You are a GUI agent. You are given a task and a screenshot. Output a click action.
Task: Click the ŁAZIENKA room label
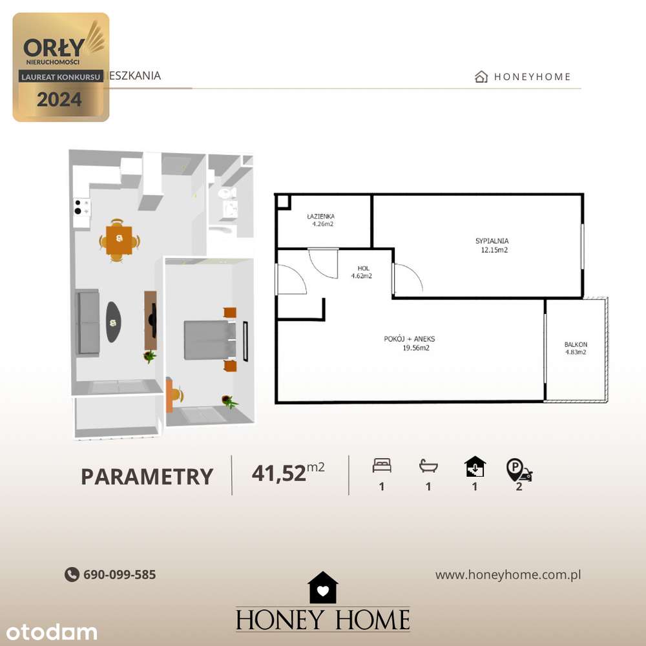coord(321,216)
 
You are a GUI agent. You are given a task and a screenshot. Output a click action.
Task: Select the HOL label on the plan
coord(363,268)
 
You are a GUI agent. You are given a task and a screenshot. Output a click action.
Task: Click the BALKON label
coord(576,344)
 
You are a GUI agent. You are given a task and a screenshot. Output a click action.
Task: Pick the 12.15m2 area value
coord(494,250)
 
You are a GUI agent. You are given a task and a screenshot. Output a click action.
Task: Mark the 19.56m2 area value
coord(415,348)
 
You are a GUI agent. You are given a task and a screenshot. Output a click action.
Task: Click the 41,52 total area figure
coord(278,474)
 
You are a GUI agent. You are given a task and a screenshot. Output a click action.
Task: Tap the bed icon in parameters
coord(382,465)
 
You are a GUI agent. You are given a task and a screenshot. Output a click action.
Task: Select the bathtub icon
coord(428,465)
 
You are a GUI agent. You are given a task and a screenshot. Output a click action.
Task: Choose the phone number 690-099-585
coord(120,574)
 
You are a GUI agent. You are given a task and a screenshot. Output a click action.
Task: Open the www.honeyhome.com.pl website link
coord(508,574)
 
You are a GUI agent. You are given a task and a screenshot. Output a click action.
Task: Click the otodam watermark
coord(49,632)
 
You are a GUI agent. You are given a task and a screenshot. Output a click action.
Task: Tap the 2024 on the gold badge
coord(59,99)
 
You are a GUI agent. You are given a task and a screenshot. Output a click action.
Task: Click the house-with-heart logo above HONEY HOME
coord(323,588)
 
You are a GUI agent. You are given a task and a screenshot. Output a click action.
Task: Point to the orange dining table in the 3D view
coord(119,240)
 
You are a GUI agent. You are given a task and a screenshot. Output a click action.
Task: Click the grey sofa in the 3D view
coord(88,322)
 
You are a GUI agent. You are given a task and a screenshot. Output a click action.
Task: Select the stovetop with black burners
coord(82,207)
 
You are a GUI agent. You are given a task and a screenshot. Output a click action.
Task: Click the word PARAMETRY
coord(147,477)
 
